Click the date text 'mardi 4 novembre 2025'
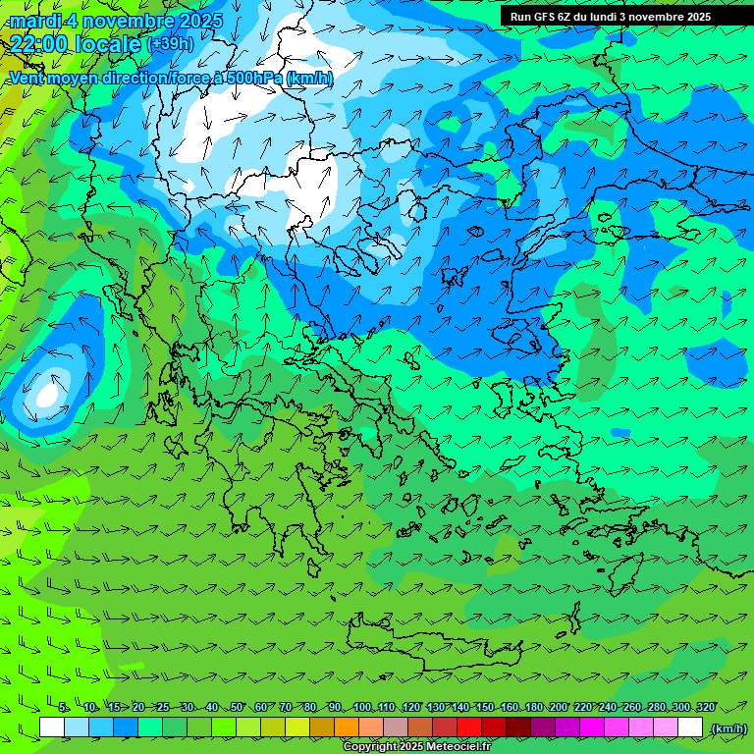116,21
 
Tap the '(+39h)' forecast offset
170,44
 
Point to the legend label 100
362,707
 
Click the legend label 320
705,707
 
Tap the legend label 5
63,707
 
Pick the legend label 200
559,707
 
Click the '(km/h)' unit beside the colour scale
728,728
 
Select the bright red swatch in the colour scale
469,727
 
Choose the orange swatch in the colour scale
347,727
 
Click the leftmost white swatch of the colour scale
52,727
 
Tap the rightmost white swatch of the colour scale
690,727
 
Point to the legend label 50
237,707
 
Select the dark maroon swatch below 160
518,727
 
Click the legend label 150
485,707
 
